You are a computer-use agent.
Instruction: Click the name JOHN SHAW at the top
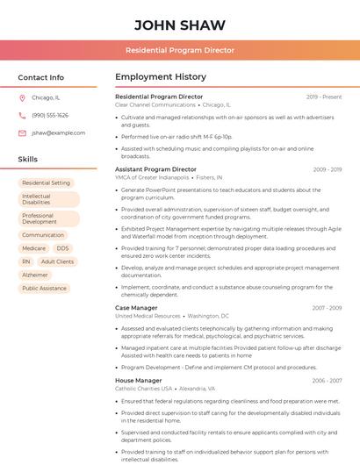179,25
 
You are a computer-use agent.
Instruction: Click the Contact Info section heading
40,77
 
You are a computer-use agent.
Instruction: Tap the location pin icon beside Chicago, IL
22,97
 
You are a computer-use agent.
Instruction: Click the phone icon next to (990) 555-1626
22,115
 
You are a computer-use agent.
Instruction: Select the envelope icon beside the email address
22,132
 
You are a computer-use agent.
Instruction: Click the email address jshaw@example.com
58,132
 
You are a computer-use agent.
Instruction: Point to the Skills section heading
28,159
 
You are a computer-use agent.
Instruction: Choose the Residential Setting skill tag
46,182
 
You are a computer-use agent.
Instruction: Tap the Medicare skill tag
33,248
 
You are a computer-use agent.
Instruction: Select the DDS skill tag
62,248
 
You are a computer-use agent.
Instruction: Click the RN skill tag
26,261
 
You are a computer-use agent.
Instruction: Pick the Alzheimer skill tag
35,275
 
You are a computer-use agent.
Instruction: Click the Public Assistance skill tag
44,288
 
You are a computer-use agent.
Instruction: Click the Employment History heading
160,77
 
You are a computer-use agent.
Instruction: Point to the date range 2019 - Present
324,97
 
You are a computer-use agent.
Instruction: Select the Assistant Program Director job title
155,168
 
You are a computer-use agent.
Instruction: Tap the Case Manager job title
136,308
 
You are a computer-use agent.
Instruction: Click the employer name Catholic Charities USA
144,388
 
